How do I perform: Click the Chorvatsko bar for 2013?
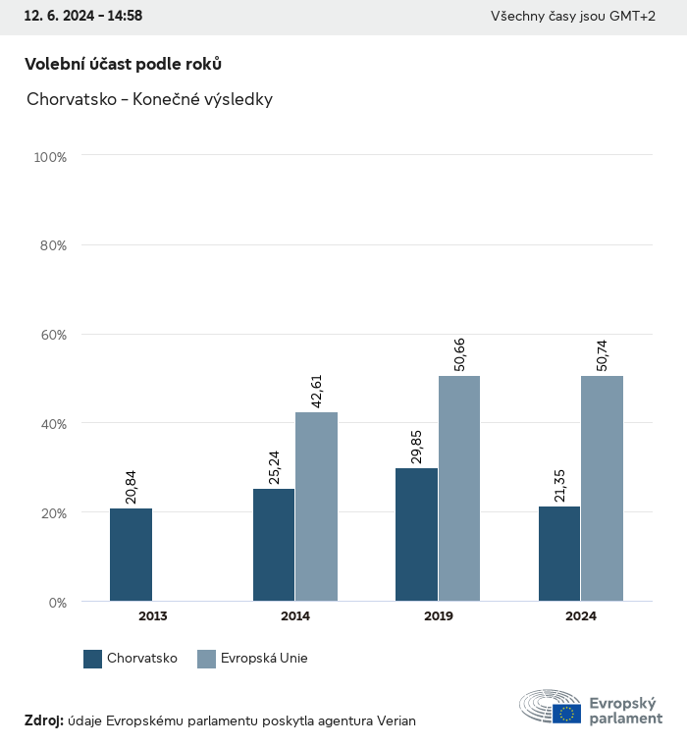(x=131, y=555)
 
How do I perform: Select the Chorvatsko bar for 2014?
(x=274, y=545)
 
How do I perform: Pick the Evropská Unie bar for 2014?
(x=316, y=506)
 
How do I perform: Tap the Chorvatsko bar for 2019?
(x=416, y=535)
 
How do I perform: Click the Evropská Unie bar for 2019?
(x=459, y=489)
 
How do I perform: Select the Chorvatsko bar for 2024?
(x=559, y=554)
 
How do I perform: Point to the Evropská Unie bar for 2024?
(x=602, y=489)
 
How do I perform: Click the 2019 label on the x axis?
(x=438, y=616)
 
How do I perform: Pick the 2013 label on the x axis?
(x=152, y=616)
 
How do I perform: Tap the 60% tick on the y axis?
(x=50, y=335)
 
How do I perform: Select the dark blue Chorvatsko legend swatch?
(x=93, y=659)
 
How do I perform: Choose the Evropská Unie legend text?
(x=265, y=659)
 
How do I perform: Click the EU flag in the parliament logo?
(x=566, y=714)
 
